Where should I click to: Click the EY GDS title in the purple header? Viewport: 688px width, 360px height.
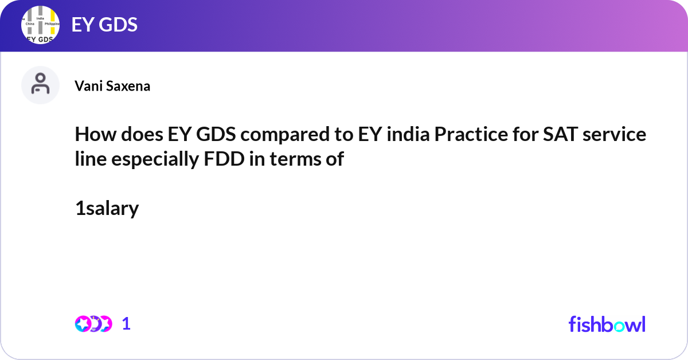coord(104,25)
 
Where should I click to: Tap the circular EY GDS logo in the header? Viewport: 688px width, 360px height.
coord(40,26)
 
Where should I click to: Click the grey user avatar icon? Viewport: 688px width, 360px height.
coord(40,85)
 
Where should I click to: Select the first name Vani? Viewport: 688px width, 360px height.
coord(87,87)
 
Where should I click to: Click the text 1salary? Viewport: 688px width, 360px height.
coord(107,209)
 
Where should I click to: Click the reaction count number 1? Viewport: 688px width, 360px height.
coord(126,324)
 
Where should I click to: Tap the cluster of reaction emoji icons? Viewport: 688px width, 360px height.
coord(93,324)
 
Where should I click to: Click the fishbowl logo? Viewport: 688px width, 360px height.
coord(607,324)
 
